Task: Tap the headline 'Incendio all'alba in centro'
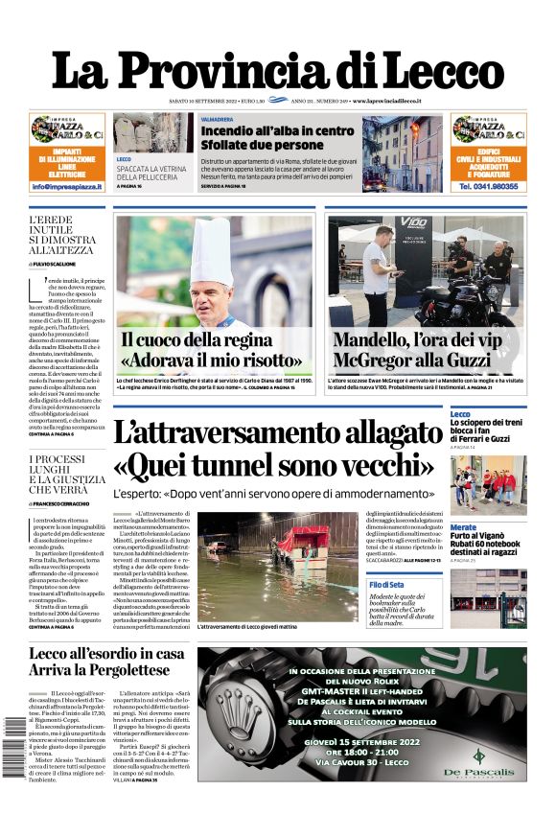(277, 130)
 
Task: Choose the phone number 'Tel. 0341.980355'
(489, 187)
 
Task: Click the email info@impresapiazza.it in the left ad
(67, 187)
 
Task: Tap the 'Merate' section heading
(463, 527)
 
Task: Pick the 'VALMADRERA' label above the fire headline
(216, 119)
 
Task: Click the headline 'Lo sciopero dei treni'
(487, 422)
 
